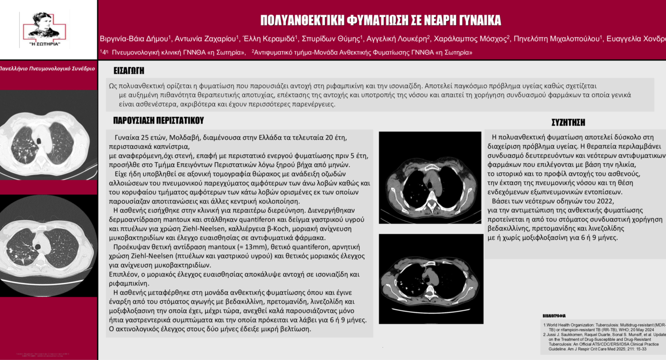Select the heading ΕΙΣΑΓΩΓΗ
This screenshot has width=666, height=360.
(x=129, y=71)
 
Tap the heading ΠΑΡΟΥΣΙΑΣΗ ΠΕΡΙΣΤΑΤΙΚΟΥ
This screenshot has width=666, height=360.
(x=158, y=120)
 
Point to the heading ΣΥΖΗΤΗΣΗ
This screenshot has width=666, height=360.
(x=568, y=122)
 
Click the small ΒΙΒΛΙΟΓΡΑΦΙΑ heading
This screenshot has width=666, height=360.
(x=554, y=316)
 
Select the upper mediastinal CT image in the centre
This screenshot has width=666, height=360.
(x=430, y=178)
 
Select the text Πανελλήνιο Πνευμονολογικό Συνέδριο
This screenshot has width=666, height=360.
(x=47, y=69)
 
